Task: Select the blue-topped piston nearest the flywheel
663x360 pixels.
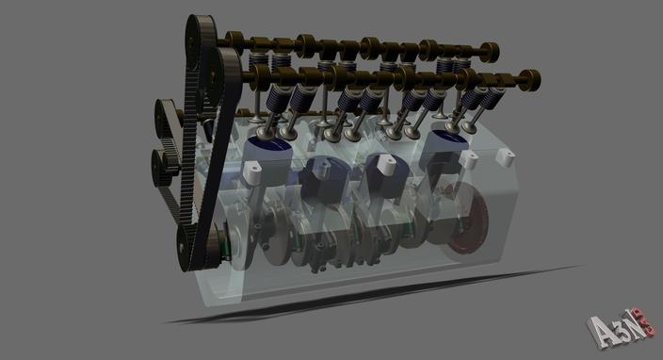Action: (x=445, y=146)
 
